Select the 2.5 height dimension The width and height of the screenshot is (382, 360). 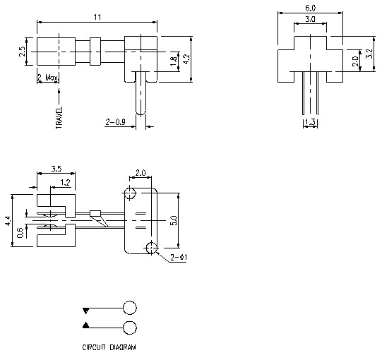click(x=23, y=51)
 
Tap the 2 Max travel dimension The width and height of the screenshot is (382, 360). click(x=48, y=78)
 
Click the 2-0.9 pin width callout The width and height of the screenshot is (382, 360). click(x=115, y=122)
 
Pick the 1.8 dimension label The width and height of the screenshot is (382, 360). click(x=174, y=63)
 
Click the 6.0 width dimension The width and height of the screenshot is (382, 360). click(x=310, y=8)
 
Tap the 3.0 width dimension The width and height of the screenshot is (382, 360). click(x=310, y=20)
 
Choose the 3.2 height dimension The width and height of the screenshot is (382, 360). click(x=370, y=54)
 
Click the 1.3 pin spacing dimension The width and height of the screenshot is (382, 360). click(x=309, y=123)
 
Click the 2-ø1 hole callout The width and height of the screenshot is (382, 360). click(x=179, y=258)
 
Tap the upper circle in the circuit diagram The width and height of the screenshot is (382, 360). click(x=130, y=308)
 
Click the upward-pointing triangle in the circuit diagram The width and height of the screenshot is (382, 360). click(x=86, y=325)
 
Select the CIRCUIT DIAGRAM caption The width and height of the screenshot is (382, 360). click(x=109, y=348)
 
